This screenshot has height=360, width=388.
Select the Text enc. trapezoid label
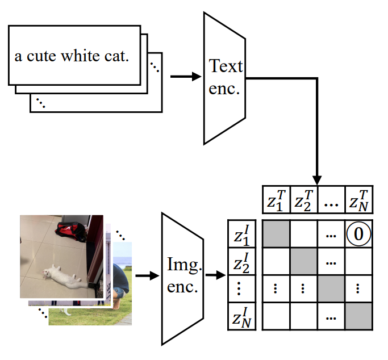click(x=225, y=77)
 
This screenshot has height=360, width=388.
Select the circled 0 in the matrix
click(x=359, y=233)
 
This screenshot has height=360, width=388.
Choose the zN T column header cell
click(x=359, y=200)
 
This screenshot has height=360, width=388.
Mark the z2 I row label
click(x=241, y=261)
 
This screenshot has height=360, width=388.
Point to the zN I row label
click(x=241, y=316)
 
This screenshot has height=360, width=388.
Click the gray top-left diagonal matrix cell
click(x=276, y=233)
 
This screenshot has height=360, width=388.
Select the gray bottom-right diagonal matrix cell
click(x=359, y=316)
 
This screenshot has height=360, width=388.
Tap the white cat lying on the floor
click(x=64, y=276)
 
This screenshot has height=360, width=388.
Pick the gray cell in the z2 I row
click(x=303, y=261)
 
